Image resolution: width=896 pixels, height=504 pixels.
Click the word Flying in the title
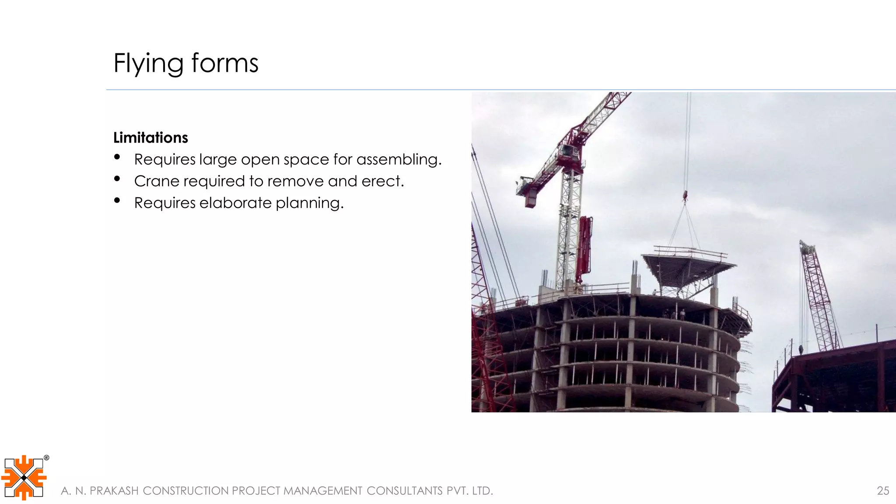(x=148, y=63)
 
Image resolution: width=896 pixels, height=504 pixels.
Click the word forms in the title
(x=225, y=63)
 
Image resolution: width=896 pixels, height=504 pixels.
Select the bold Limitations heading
(x=150, y=138)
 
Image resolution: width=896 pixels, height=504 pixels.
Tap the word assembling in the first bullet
(x=399, y=159)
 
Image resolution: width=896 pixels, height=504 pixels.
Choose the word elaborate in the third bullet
(x=236, y=203)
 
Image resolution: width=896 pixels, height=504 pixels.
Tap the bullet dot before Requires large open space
(x=117, y=157)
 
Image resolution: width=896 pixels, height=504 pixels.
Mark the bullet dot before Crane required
(x=117, y=178)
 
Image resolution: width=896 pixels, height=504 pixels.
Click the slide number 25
(x=883, y=491)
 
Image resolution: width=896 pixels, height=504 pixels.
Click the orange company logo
(x=24, y=478)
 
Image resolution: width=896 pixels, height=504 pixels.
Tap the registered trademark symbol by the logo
(x=46, y=458)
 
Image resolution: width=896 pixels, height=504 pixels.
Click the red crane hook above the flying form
(x=685, y=196)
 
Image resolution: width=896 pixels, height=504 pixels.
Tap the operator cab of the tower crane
(x=567, y=151)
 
